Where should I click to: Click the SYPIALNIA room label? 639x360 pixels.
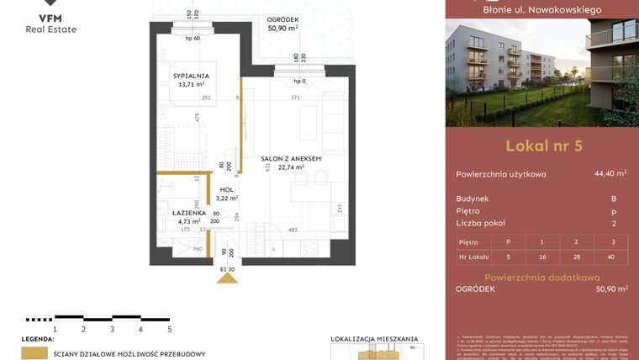[x=191, y=76]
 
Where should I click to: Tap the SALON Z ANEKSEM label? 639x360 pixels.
[x=291, y=157]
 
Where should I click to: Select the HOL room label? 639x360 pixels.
[x=226, y=190]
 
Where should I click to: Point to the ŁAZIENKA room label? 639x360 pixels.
[x=178, y=213]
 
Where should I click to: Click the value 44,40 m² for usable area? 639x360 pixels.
[x=610, y=174]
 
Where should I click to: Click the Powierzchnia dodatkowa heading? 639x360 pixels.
[x=541, y=277]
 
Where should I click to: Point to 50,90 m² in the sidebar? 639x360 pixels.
[x=610, y=289]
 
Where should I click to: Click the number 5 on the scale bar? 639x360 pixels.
[x=169, y=330]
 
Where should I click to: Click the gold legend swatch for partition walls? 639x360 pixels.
[x=34, y=353]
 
